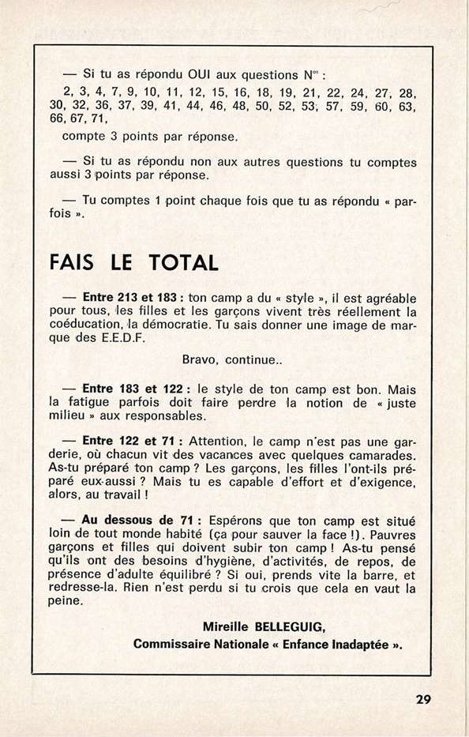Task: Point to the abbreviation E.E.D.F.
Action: (x=114, y=337)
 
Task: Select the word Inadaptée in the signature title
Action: (x=355, y=643)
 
